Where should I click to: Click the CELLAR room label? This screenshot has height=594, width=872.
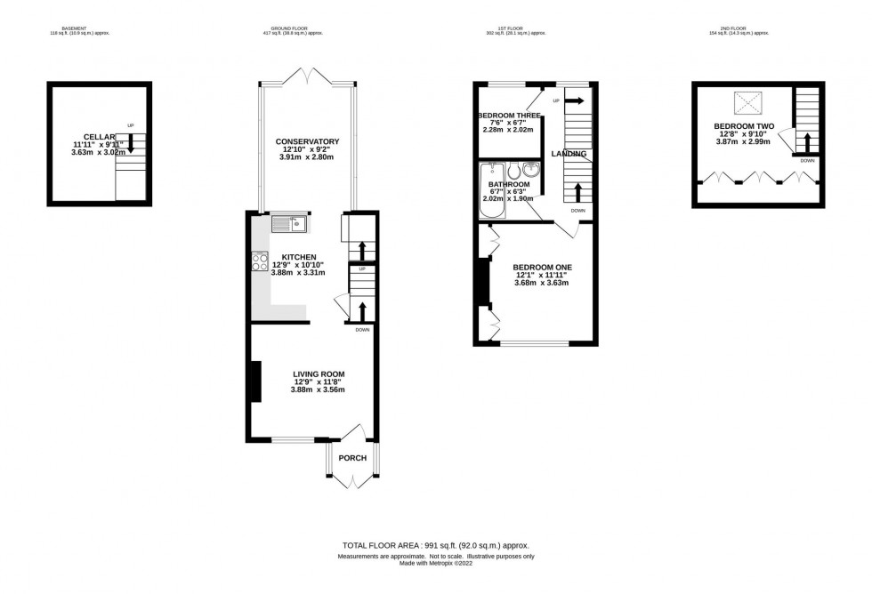[100, 136]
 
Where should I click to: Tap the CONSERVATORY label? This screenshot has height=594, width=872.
[307, 141]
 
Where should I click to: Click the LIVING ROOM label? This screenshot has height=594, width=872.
[318, 373]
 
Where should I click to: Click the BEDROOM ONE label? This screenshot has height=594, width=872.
[543, 267]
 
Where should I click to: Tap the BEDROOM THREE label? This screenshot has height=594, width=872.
[509, 116]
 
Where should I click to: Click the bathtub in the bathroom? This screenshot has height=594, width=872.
[490, 188]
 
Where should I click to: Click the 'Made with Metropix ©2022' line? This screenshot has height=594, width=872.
[436, 563]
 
